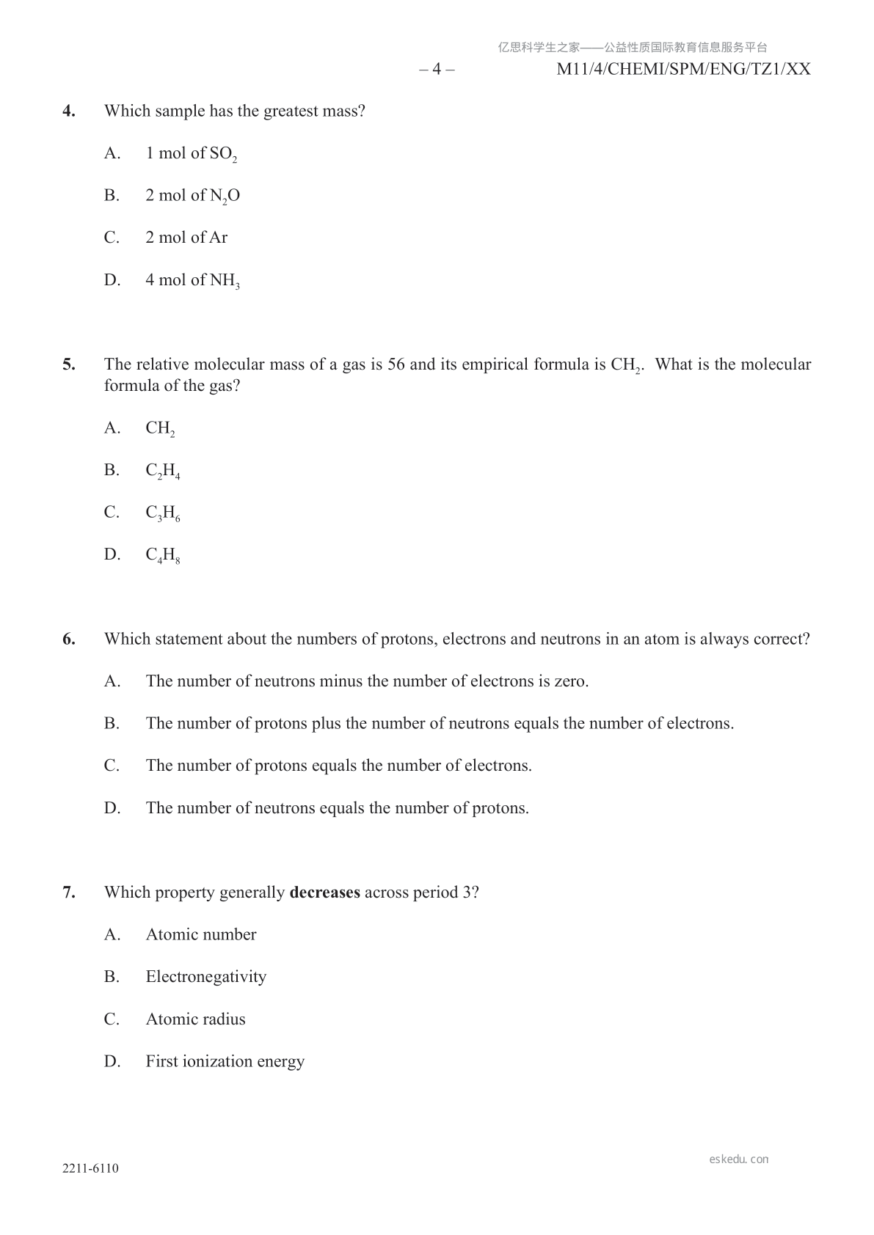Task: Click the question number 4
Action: [69, 111]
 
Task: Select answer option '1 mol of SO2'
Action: [191, 153]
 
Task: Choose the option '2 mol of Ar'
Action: [186, 238]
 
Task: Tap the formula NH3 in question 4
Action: [225, 281]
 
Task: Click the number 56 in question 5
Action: [396, 364]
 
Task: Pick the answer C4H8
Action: [162, 555]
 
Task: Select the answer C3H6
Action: [162, 513]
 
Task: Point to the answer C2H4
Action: [162, 471]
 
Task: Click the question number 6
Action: [69, 640]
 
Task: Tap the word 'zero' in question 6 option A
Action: [570, 681]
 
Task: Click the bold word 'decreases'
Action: [324, 893]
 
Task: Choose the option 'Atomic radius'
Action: [195, 1019]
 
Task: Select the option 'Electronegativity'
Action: [205, 977]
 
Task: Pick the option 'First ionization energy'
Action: [225, 1062]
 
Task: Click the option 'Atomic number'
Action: [201, 935]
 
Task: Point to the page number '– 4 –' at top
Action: [437, 70]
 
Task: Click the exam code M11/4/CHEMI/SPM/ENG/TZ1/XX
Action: [683, 70]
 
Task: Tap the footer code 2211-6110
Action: [90, 1169]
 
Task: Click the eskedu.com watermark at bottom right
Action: [738, 1159]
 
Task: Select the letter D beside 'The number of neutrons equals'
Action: [112, 808]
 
